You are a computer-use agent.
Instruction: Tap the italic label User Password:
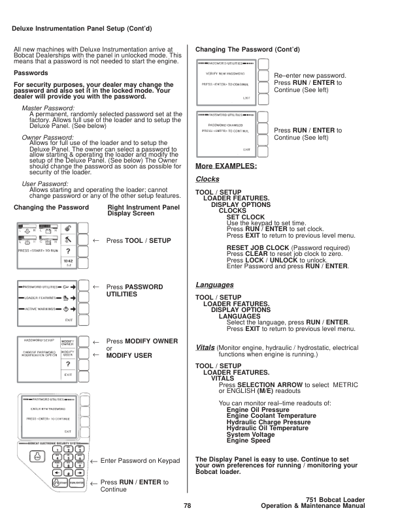(44, 184)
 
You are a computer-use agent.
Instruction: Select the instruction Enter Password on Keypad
(140, 461)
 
